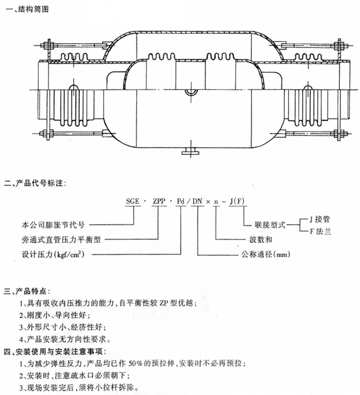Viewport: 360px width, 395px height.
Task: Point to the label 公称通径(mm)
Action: [267, 254]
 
